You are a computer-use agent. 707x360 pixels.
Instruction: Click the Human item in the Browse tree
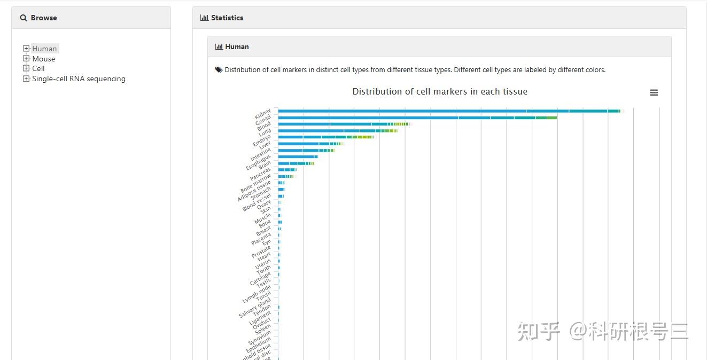(44, 49)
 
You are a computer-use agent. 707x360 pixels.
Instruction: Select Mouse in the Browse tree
(43, 59)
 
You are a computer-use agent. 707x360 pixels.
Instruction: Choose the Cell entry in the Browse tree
(38, 68)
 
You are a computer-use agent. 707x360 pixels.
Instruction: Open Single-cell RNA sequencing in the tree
(79, 79)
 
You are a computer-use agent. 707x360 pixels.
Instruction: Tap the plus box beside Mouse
(26, 58)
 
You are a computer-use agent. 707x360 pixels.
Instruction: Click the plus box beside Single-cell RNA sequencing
(26, 79)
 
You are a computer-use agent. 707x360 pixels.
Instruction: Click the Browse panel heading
(43, 18)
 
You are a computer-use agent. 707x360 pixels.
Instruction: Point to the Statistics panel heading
(227, 18)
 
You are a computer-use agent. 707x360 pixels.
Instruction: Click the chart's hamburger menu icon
(654, 92)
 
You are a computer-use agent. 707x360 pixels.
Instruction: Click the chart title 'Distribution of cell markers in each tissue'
(440, 92)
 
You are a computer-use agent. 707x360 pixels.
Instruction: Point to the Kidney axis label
(263, 115)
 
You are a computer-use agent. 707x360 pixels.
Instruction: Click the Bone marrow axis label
(255, 183)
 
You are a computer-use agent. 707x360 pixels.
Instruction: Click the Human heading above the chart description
(237, 46)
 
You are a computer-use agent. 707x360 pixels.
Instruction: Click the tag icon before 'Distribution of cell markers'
(219, 69)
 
